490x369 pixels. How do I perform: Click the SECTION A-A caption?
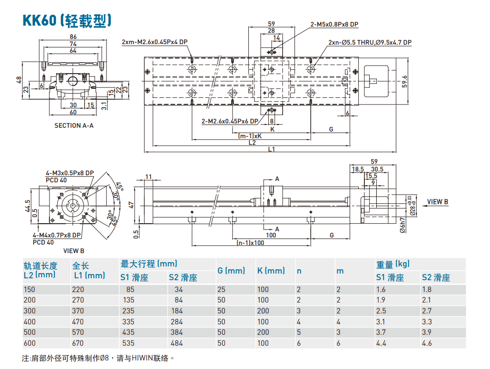74,125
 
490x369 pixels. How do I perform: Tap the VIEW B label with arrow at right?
437,201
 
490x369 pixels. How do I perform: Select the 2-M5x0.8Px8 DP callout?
334,24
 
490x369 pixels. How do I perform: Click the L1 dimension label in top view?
271,149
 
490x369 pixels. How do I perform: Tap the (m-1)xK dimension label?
250,136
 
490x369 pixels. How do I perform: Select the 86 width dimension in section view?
73,37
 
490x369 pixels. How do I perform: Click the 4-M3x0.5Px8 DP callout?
69,173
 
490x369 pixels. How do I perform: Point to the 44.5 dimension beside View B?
28,205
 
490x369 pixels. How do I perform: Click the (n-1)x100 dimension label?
250,243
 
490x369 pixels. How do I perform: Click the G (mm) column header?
231,271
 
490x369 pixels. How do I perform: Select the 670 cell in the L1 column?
78,343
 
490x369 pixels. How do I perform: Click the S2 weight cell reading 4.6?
427,343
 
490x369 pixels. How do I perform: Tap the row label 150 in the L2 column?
29,289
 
